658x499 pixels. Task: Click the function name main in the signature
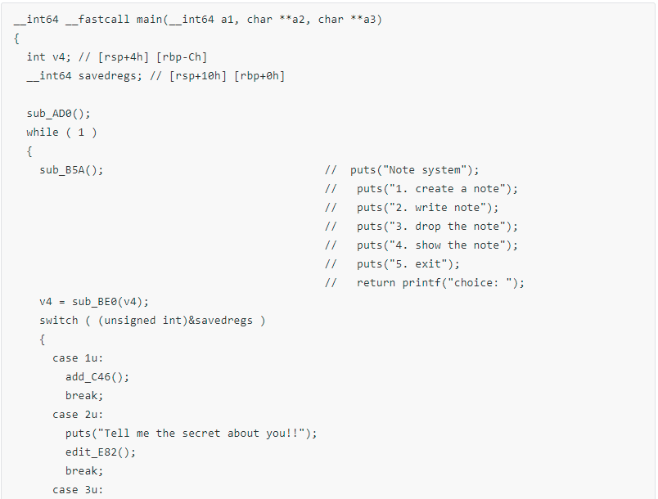click(x=149, y=20)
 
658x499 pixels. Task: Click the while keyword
click(x=43, y=132)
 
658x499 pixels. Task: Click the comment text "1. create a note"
click(x=445, y=189)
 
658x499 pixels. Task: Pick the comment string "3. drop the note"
click(x=445, y=227)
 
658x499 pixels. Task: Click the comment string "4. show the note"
click(x=445, y=245)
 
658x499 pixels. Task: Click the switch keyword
click(x=59, y=321)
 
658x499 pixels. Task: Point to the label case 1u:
click(x=78, y=358)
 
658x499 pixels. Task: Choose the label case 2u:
click(x=78, y=415)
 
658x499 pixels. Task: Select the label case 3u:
click(x=78, y=490)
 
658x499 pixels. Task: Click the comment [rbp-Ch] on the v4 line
click(x=182, y=57)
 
